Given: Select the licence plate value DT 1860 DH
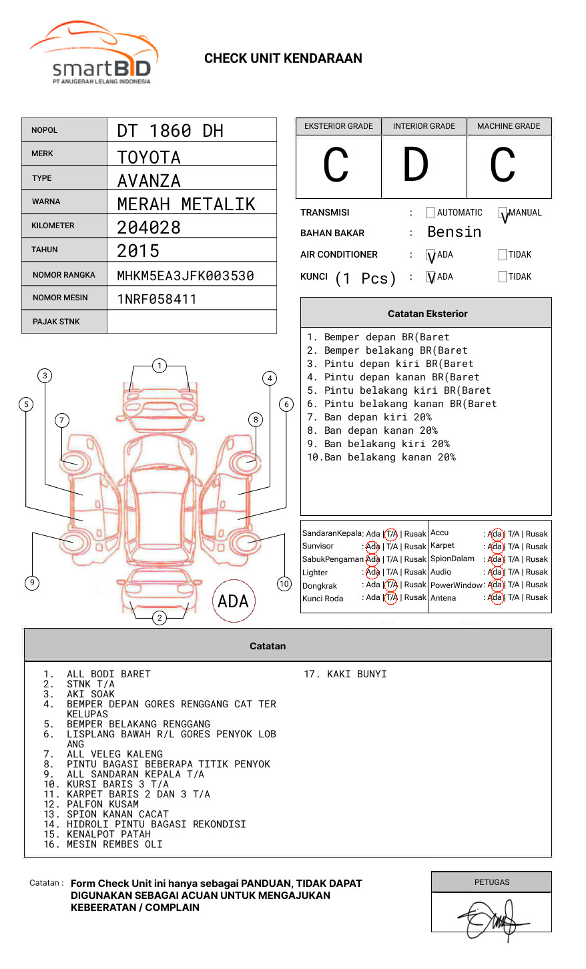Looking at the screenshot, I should pyautogui.click(x=170, y=131).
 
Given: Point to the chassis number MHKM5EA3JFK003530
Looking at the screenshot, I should pyautogui.click(x=186, y=276).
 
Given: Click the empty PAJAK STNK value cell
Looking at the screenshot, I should pyautogui.click(x=192, y=322).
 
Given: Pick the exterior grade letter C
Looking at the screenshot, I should pyautogui.click(x=336, y=166).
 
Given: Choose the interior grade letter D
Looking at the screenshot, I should pyautogui.click(x=415, y=165).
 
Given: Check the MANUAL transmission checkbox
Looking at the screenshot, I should pyautogui.click(x=503, y=213).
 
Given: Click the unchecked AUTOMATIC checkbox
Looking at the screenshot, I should pyautogui.click(x=430, y=213).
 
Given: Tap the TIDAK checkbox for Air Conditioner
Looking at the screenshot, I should pyautogui.click(x=503, y=254).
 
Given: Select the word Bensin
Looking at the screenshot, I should pyautogui.click(x=454, y=232).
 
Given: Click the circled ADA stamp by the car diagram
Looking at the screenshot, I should pyautogui.click(x=233, y=601).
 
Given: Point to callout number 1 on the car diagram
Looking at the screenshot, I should pyautogui.click(x=159, y=365).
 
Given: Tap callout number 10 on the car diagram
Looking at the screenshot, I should pyautogui.click(x=284, y=584).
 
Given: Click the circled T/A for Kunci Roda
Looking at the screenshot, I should pyautogui.click(x=391, y=598).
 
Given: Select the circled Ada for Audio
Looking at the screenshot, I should pyautogui.click(x=495, y=572).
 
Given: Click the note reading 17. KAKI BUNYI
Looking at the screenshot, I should pyautogui.click(x=345, y=674).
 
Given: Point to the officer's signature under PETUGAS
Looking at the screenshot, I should pyautogui.click(x=491, y=919).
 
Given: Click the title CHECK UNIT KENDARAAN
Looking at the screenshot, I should pyautogui.click(x=283, y=59).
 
